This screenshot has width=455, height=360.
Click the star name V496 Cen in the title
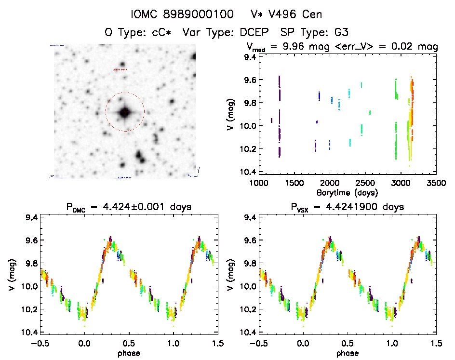293,13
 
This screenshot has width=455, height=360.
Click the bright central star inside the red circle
125,112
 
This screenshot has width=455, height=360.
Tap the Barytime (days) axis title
347,192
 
